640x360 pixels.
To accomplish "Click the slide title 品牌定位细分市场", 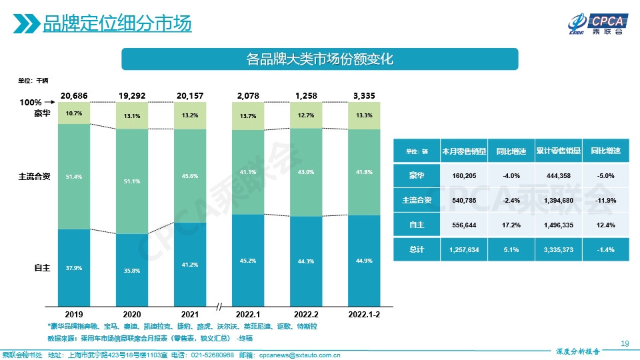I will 117,23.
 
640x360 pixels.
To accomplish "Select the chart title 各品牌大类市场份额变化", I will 319,59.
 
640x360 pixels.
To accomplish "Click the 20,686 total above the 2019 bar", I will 74,96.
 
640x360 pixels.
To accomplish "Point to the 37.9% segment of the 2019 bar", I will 74,268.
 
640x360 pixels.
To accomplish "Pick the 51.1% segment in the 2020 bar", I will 132,181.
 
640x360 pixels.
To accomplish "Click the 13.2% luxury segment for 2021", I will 190,115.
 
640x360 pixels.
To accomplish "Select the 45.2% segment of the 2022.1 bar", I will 248,261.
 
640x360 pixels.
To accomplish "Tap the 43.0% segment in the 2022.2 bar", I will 305,172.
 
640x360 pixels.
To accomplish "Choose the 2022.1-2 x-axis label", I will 363,313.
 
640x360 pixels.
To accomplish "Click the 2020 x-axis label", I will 132,313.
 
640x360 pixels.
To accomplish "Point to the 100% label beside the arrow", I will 31,103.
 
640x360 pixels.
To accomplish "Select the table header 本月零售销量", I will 464,151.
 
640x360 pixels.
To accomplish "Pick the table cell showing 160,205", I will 464,175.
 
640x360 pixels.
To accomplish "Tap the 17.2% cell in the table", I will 511,225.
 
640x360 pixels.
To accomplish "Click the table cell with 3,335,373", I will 558,249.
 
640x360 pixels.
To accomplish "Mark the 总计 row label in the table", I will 417,249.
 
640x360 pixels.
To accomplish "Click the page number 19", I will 625,343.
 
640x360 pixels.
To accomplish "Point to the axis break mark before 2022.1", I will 219,306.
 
